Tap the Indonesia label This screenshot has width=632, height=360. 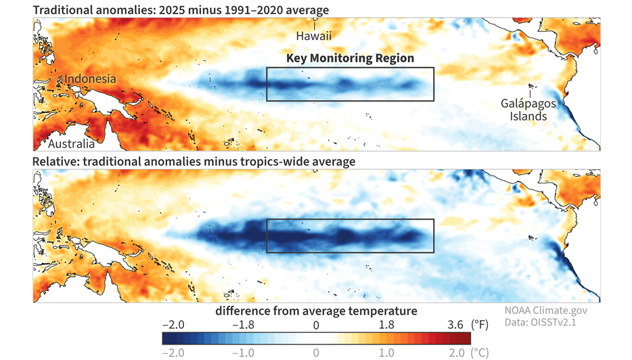[x=90, y=79]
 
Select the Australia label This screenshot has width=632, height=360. [x=70, y=144]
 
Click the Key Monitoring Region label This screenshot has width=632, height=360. [x=350, y=58]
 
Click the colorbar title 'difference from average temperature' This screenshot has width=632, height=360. [x=316, y=311]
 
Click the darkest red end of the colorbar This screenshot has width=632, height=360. [x=466, y=338]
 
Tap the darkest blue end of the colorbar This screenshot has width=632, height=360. [x=166, y=338]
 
